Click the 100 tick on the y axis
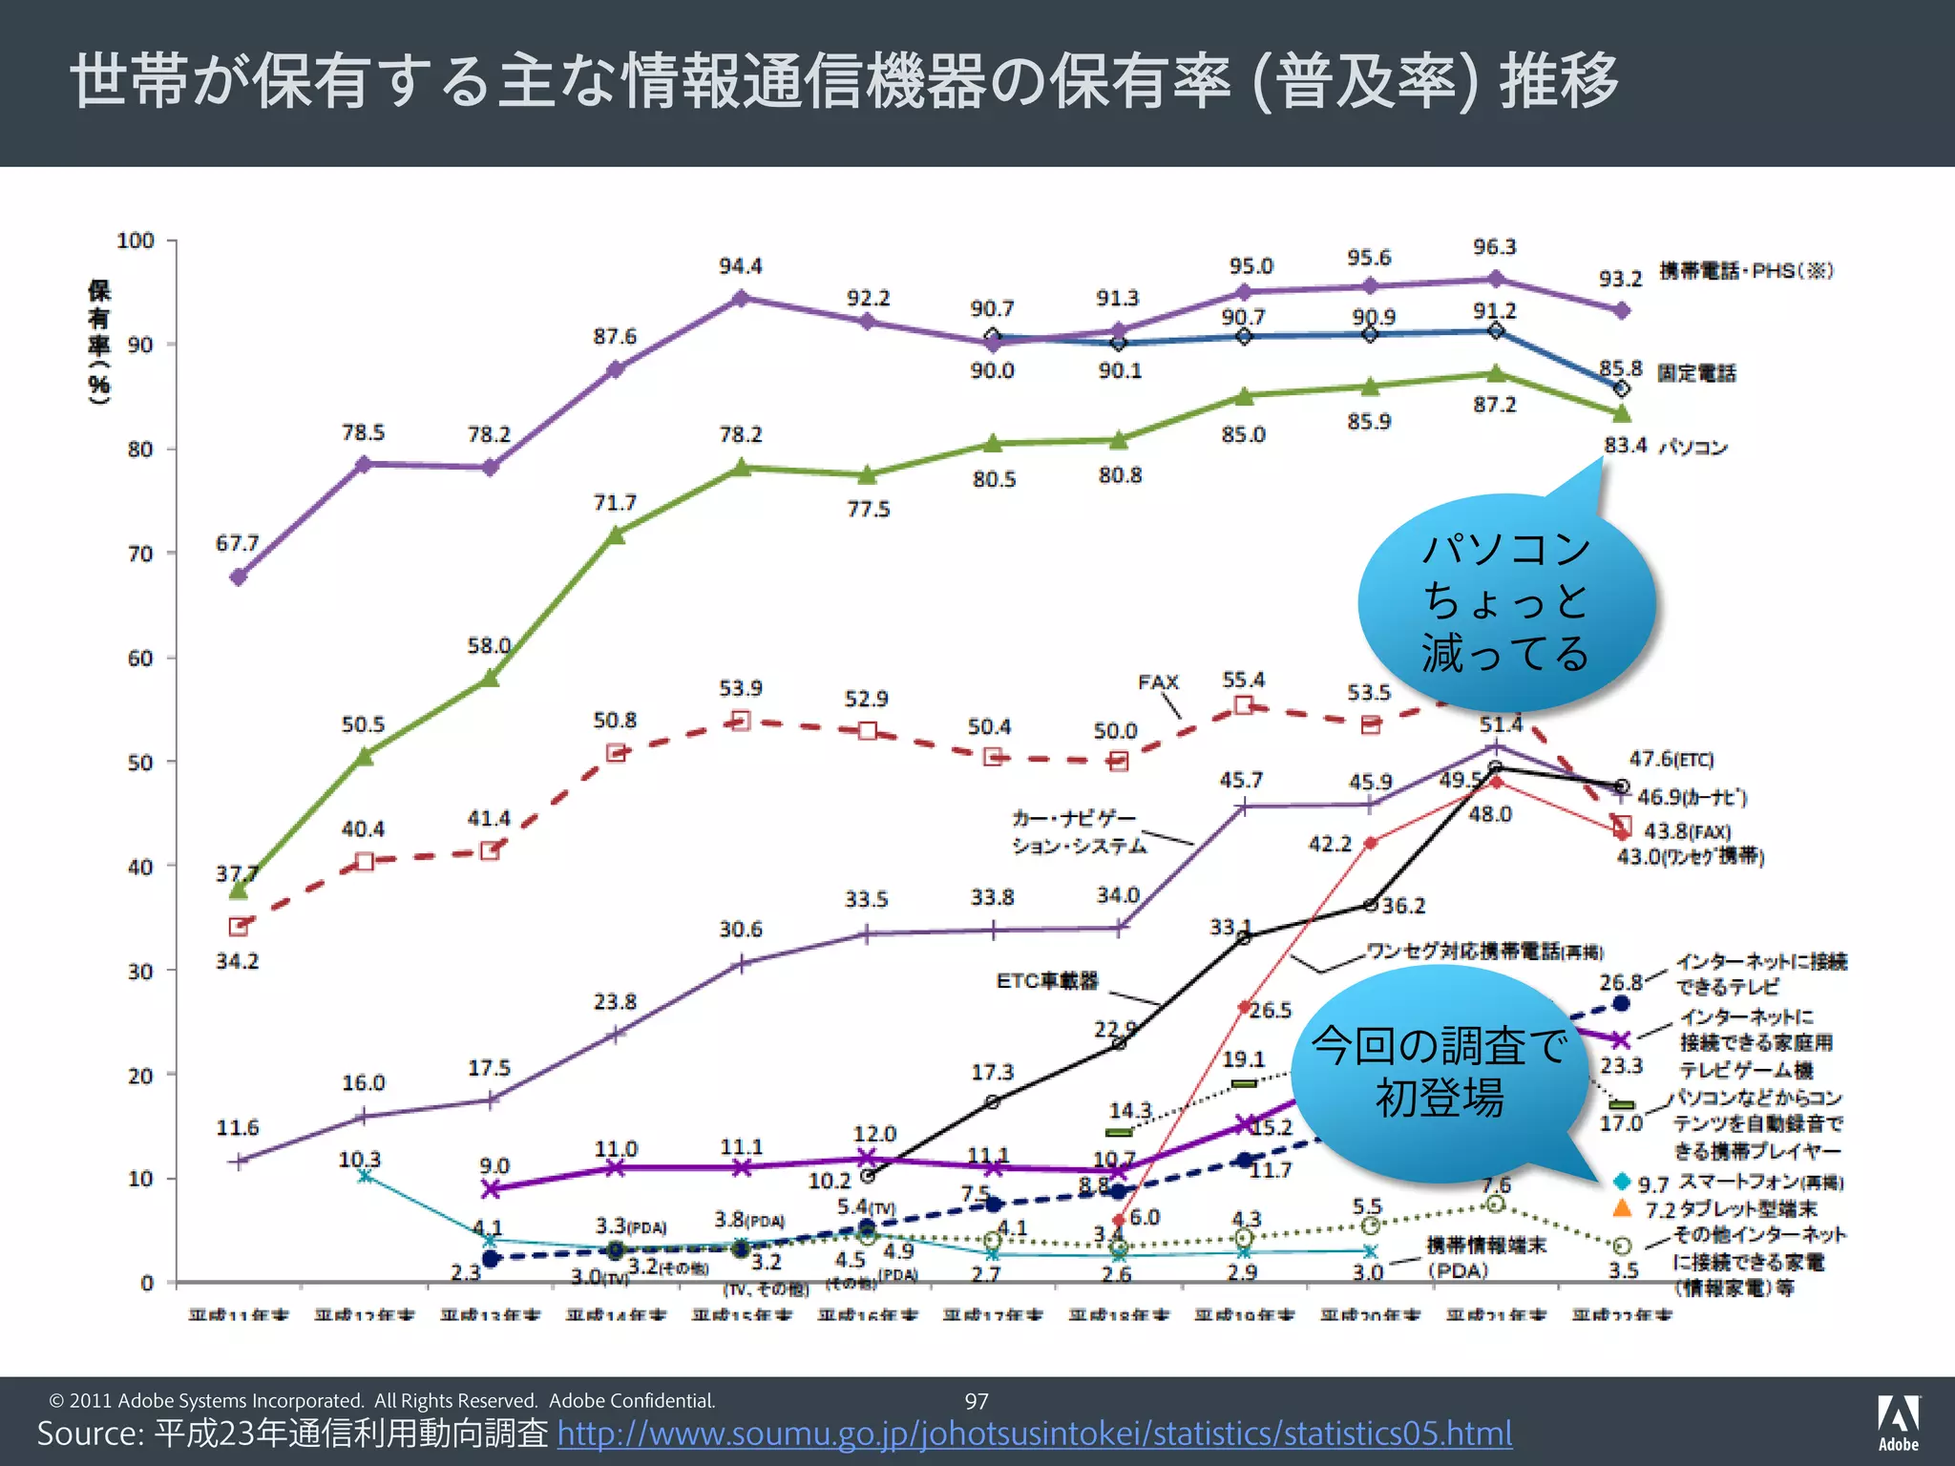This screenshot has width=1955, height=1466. pos(136,241)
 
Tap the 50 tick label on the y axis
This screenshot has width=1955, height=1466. pos(139,763)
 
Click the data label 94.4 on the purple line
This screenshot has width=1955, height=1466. pos(740,266)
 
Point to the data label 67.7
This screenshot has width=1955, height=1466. pos(237,543)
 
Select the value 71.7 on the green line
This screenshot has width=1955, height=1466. pos(614,503)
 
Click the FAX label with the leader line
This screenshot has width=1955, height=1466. pos(1158,682)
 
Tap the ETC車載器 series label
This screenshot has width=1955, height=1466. pos(1047,981)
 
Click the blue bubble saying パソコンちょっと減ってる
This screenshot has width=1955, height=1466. pos(1505,601)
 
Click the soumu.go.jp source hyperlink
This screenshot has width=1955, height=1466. pos(1034,1433)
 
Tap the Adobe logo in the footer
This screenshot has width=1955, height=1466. pos(1898,1422)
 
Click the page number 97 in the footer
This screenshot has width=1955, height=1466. pos(977,1401)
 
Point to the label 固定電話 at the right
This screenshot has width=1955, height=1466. pos(1696,373)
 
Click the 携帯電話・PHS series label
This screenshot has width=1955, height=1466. pos(1746,271)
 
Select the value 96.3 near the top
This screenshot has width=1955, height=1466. pos(1494,247)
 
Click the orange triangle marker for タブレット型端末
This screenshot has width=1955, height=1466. pos(1621,1208)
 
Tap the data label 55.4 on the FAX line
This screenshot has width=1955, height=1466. pos(1243,681)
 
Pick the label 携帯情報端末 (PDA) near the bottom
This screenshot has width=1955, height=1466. pos(1485,1258)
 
